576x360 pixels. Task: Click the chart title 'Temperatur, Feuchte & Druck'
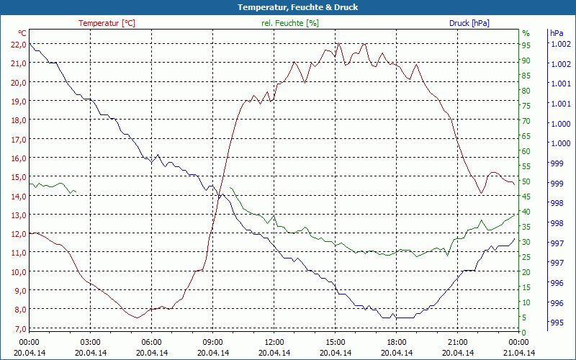[288, 7]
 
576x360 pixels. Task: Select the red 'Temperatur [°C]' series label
[107, 23]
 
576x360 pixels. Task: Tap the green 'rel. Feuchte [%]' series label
[289, 23]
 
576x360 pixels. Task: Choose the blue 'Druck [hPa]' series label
[469, 23]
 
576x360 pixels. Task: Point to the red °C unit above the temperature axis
[22, 33]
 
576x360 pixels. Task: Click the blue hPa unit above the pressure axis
[557, 33]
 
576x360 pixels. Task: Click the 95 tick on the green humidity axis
[526, 45]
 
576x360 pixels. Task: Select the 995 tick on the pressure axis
[556, 322]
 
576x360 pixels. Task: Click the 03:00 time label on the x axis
[90, 342]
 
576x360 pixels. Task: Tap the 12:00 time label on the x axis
[274, 342]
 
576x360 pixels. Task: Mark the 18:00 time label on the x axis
[397, 342]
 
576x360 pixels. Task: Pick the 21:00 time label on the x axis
[458, 342]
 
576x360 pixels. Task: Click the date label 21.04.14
[519, 353]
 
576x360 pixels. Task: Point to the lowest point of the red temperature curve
[136, 318]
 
